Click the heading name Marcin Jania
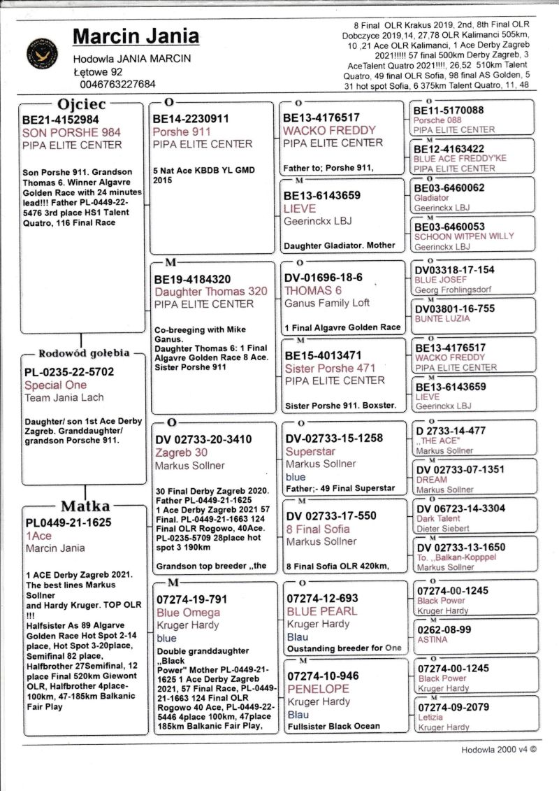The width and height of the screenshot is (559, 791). tap(136, 36)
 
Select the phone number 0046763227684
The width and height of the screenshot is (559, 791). tap(119, 84)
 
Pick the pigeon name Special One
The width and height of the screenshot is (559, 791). tap(56, 385)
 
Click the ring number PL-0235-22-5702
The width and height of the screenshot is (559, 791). tap(69, 372)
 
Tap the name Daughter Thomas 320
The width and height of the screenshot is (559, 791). tap(211, 292)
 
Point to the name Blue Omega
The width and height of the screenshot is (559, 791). tap(188, 613)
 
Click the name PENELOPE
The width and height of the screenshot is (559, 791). tap(317, 689)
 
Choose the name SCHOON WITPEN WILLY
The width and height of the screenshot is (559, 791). tap(454, 236)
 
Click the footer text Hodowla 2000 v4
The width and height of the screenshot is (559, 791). tap(498, 750)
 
